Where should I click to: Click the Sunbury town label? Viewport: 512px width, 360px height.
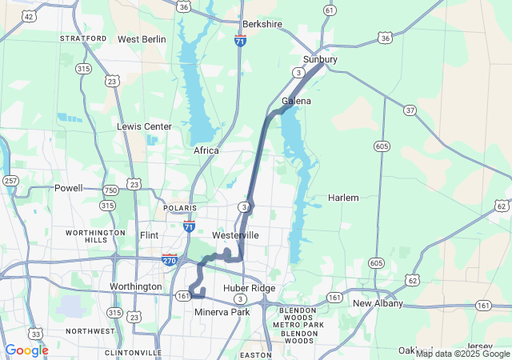(x=320, y=60)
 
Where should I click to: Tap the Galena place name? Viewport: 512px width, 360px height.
(x=296, y=102)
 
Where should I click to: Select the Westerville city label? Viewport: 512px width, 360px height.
(x=235, y=236)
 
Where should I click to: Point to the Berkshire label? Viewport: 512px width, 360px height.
(x=262, y=25)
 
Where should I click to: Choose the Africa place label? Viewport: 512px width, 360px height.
(x=206, y=150)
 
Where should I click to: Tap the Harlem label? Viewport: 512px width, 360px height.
(x=343, y=198)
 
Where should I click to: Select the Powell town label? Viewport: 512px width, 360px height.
(x=68, y=189)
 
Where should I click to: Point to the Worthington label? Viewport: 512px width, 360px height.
(x=135, y=286)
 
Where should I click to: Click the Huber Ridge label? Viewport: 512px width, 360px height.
(x=250, y=288)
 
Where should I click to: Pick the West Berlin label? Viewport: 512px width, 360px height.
(x=142, y=39)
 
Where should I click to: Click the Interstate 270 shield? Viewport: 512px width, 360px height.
(x=170, y=260)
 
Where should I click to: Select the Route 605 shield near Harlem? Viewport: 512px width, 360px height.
(x=382, y=146)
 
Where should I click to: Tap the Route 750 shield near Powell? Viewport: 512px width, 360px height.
(x=110, y=190)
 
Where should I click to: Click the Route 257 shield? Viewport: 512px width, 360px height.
(x=10, y=181)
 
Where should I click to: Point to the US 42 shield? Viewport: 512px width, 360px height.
(x=29, y=16)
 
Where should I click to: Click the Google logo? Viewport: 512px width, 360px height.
(x=26, y=350)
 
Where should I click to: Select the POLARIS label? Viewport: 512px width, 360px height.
(x=179, y=208)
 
